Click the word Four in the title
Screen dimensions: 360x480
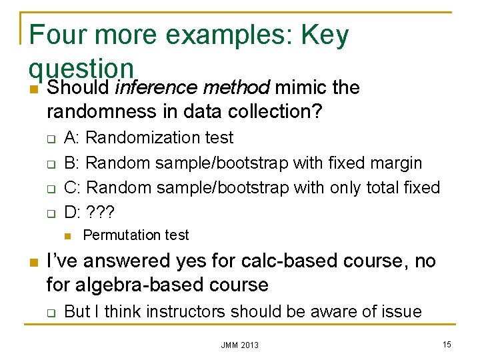click(x=59, y=35)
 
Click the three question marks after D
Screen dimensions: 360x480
click(x=101, y=213)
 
